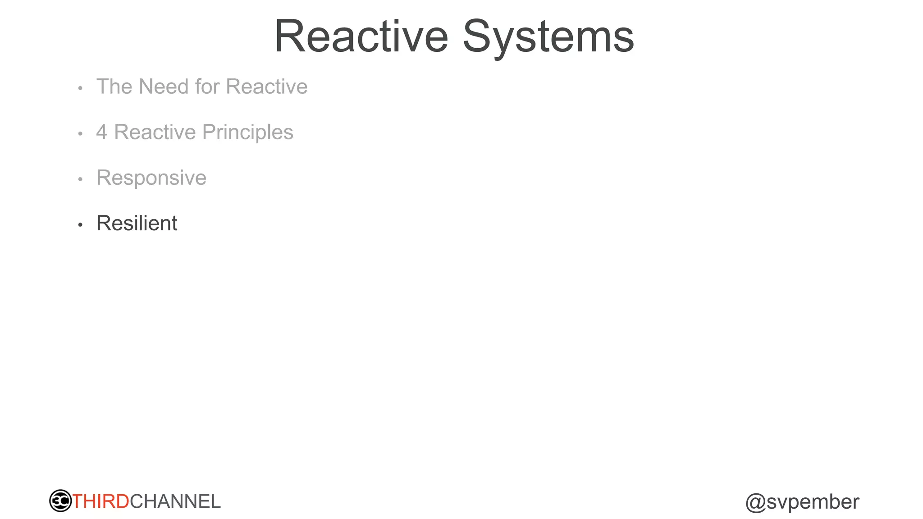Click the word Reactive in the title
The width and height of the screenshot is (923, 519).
coord(361,36)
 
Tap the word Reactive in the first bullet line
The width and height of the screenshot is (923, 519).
coord(266,86)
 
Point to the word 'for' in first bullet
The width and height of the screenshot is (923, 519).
coord(207,86)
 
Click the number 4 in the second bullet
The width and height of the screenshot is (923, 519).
coord(102,132)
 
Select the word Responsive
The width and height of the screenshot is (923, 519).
coord(151,178)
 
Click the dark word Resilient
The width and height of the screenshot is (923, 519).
coord(137,223)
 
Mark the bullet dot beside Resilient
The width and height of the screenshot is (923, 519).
coord(80,224)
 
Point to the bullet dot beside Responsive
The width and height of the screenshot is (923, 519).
coord(80,179)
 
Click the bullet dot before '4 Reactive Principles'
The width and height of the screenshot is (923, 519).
coord(80,133)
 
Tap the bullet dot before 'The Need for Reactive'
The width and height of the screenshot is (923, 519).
coord(80,88)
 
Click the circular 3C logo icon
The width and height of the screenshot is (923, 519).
coord(60,501)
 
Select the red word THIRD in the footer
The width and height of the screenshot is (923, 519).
coord(101,501)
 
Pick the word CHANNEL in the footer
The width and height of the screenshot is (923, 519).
coord(175,501)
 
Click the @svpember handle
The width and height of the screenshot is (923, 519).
coord(802,502)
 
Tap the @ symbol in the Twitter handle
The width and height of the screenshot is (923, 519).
coord(755,502)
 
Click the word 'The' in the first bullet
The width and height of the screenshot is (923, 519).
coord(114,86)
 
